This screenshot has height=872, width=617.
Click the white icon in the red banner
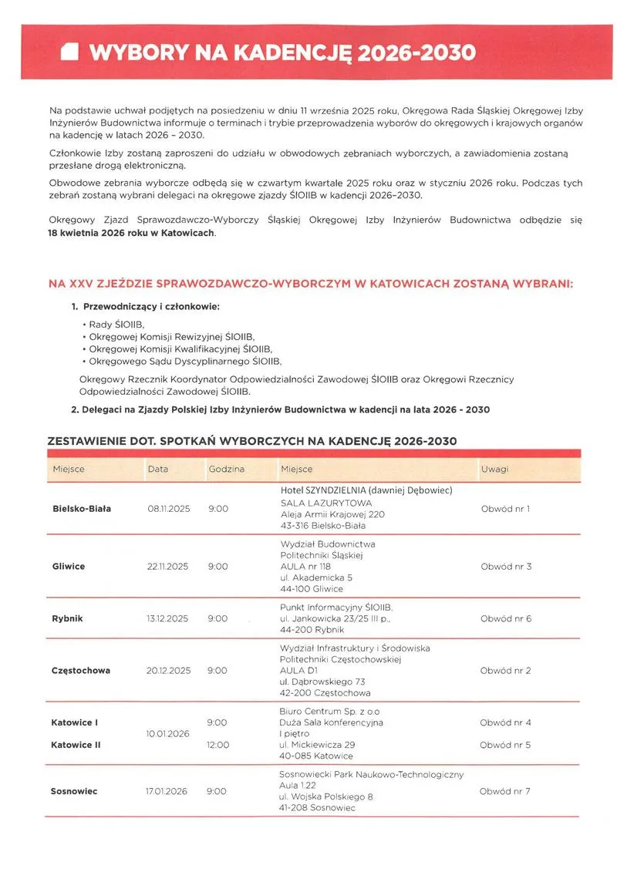70,52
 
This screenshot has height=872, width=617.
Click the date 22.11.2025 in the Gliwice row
168,567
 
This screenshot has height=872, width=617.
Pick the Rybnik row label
68,618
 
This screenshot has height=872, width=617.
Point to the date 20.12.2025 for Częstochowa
168,671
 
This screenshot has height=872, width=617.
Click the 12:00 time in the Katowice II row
218,746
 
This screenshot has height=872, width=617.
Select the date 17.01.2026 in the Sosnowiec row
167,791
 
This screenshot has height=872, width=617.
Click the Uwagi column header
494,469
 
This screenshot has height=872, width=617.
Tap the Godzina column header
226,469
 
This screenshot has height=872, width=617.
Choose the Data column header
158,469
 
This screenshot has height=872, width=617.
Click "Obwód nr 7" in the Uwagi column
505,791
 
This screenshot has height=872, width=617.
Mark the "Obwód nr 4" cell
505,723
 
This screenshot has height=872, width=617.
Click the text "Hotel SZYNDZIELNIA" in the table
322,490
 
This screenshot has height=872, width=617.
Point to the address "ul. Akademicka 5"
316,577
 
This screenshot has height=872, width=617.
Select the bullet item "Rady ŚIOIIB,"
116,325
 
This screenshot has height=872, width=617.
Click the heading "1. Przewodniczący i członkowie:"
145,307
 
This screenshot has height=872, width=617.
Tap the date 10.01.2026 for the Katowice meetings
168,734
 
